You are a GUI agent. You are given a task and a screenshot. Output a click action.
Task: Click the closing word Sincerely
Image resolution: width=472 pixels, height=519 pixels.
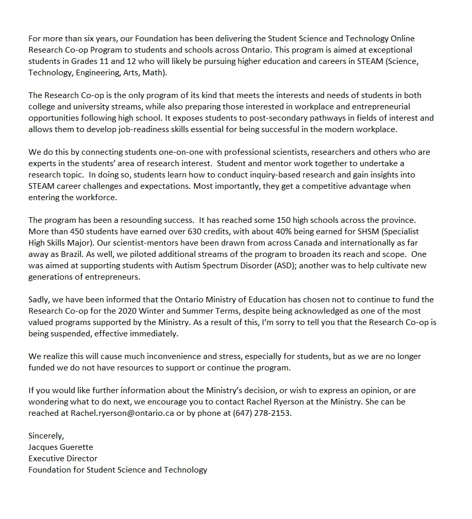pos(46,436)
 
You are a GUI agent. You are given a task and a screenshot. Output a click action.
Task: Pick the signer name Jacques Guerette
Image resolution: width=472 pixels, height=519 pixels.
pos(61,447)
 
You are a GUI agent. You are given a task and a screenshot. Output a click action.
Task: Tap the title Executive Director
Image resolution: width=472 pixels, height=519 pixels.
pos(63,459)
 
